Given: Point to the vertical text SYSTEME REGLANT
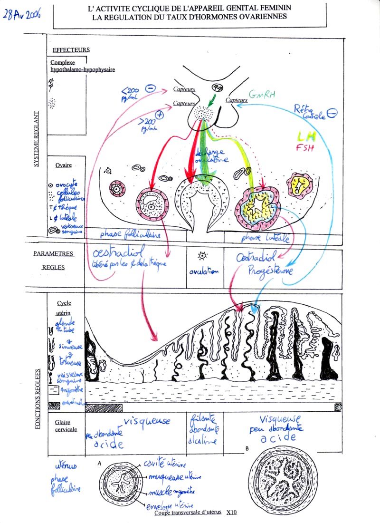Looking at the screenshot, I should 37,137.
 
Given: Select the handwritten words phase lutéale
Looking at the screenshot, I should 266,238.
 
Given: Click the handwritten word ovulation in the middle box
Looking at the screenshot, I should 203,271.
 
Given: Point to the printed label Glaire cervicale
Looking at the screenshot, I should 66,426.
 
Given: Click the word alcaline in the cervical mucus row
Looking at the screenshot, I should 203,440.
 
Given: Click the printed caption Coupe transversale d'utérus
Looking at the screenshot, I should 189,512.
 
